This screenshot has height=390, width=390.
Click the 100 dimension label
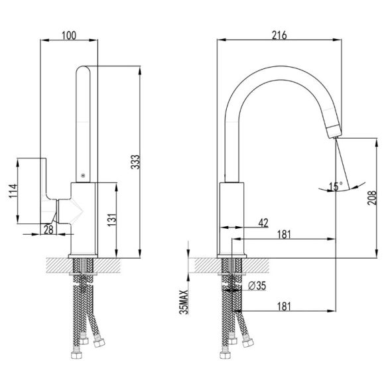point(69,36)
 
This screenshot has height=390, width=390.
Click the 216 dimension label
point(279,35)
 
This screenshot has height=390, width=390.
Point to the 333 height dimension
point(135,162)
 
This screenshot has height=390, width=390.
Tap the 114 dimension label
point(13,191)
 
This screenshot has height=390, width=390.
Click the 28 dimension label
point(48,229)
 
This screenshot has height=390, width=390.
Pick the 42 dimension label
point(263,223)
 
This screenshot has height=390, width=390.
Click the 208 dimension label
point(372,198)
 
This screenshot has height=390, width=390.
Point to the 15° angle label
point(336,186)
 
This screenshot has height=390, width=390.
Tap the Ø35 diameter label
point(257,286)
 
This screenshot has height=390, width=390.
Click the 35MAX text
point(184,302)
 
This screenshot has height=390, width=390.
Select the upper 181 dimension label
point(284,235)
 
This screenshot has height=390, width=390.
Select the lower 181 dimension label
point(284,306)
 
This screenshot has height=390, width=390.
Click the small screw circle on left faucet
point(83,176)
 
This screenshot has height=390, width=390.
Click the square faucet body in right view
point(231,219)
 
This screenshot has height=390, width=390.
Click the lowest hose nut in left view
point(76,355)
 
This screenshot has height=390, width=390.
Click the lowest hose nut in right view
point(226,355)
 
